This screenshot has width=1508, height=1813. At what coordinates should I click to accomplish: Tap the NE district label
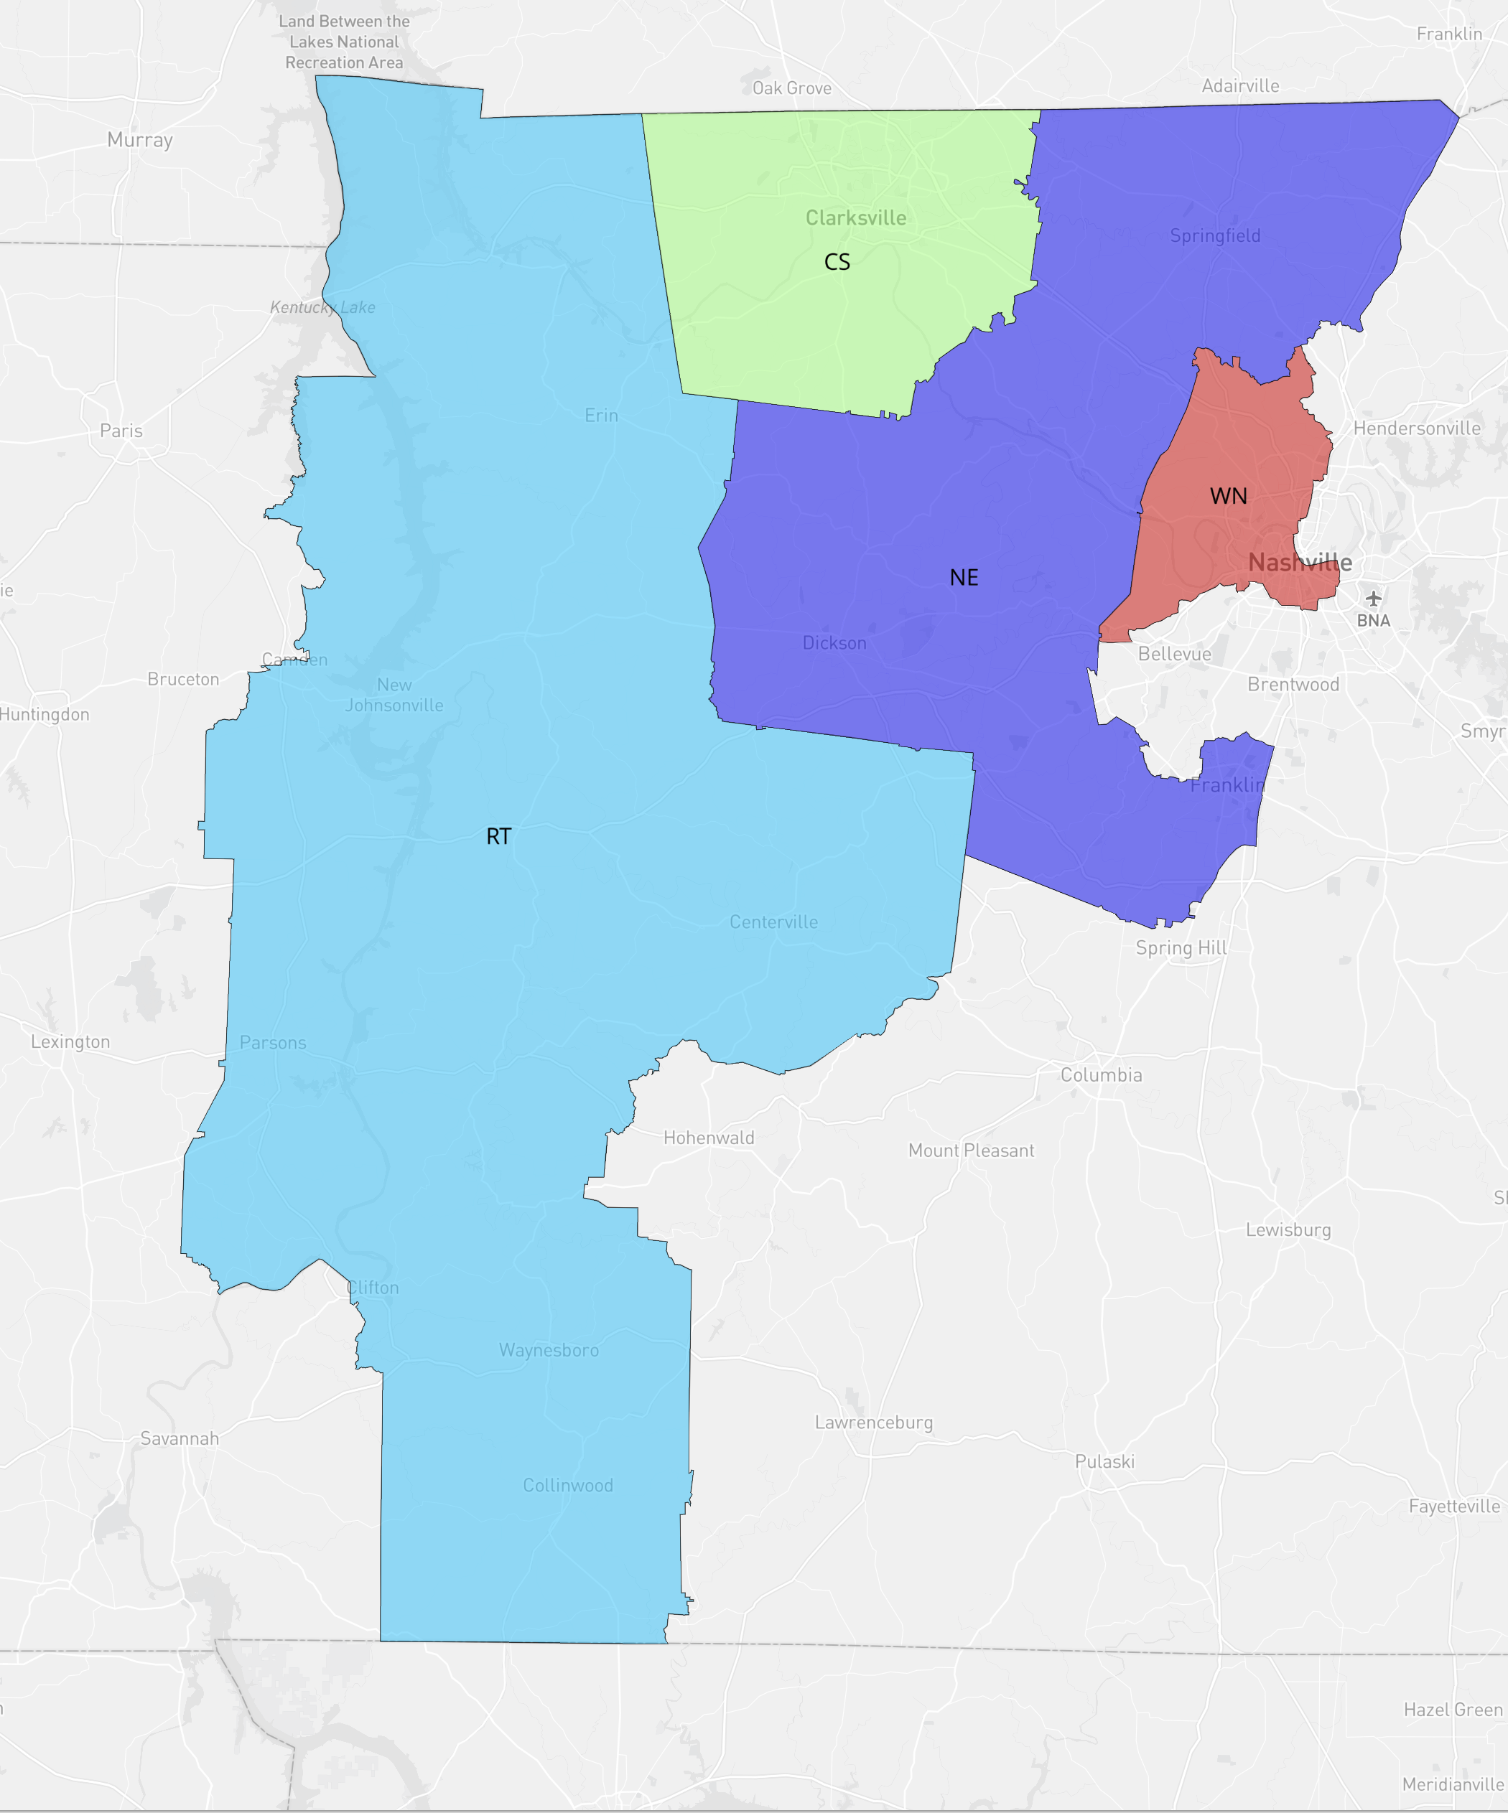point(964,578)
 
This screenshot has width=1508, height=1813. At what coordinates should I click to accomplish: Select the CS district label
point(837,261)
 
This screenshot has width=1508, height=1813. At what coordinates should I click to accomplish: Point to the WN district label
point(1228,495)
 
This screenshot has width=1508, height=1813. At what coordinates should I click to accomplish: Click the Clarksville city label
point(856,217)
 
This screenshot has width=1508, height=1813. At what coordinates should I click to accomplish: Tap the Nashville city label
point(1300,562)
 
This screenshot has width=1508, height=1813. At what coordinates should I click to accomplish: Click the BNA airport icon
point(1373,597)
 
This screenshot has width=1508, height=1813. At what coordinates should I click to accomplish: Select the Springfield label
point(1214,235)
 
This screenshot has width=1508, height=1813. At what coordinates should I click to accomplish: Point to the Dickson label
point(834,642)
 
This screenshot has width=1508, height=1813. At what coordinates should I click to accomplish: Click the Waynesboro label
point(549,1349)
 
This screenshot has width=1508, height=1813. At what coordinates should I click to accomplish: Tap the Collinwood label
point(567,1485)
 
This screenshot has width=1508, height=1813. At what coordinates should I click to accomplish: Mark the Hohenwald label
point(708,1137)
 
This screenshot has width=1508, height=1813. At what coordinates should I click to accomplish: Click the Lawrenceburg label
point(873,1422)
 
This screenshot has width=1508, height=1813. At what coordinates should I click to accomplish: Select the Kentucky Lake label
point(322,307)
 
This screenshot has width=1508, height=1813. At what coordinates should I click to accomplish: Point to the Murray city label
point(140,140)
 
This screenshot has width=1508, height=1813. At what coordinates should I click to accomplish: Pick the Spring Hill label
point(1181,947)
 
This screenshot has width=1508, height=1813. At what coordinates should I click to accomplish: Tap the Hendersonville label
point(1417,428)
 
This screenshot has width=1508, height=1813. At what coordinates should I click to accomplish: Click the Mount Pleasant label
point(971,1150)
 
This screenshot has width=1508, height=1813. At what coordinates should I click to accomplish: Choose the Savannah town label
point(180,1438)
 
